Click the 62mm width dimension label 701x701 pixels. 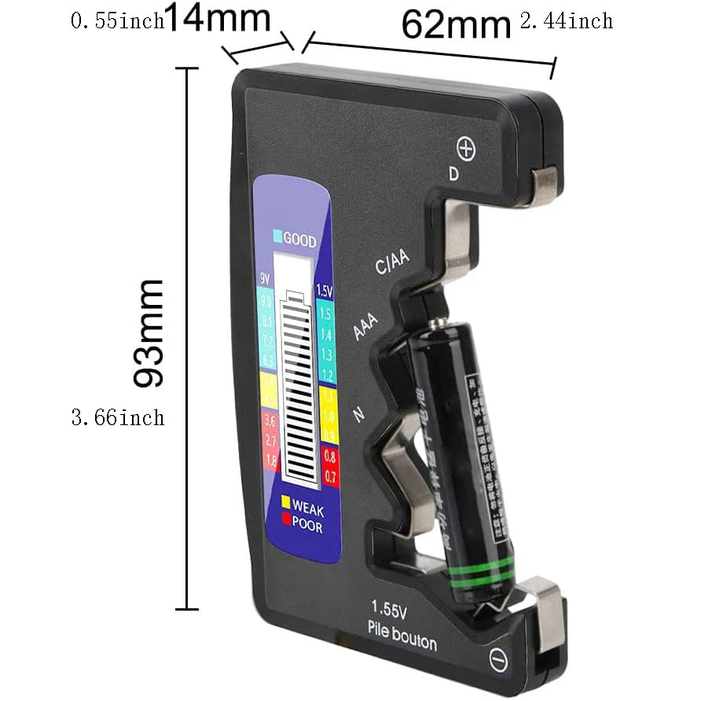[x=457, y=24]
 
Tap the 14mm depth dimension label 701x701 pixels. [x=218, y=19]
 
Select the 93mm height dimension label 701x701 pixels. [x=149, y=332]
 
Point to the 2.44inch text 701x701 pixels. [x=567, y=21]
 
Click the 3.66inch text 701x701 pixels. [x=118, y=417]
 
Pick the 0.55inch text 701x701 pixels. [x=118, y=21]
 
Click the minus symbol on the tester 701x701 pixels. [x=498, y=661]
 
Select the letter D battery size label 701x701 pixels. [x=453, y=174]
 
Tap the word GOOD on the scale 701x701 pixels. [x=299, y=240]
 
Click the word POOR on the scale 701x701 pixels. [x=306, y=526]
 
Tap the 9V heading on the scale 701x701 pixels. [x=265, y=278]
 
